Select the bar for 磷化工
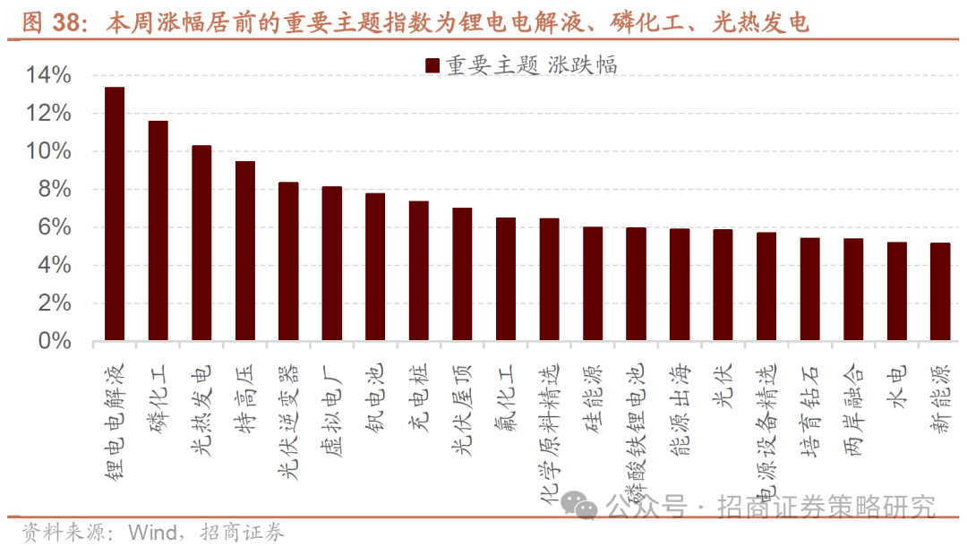coord(158,230)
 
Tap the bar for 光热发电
coord(201,243)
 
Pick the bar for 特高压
coord(245,251)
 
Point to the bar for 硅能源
coord(593,284)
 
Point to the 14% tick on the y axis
coord(49,76)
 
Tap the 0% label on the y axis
coord(55,341)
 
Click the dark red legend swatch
coord(432,64)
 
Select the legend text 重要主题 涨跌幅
coord(532,64)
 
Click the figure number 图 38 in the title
coord(47,22)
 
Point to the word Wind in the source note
coord(153,533)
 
